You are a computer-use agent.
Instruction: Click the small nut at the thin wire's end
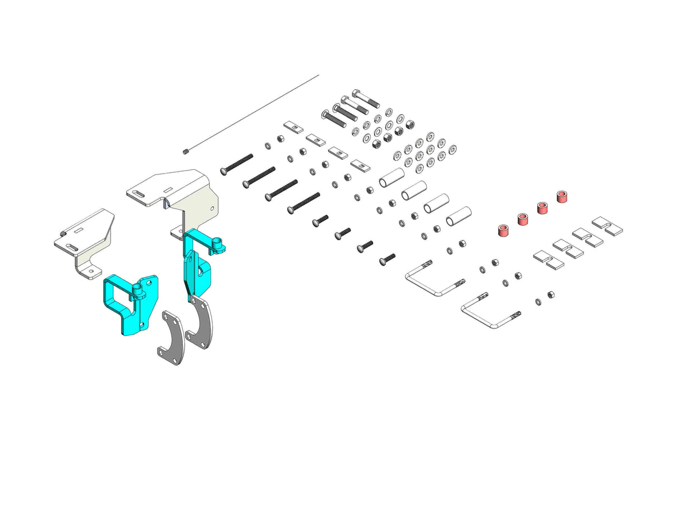[x=185, y=151]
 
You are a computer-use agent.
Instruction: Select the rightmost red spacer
[x=562, y=197]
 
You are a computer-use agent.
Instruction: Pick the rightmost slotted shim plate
[x=608, y=225]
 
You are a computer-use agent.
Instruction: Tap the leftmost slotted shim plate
[x=547, y=259]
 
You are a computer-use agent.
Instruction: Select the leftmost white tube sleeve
[x=392, y=178]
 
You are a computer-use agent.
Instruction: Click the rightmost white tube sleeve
[x=458, y=216]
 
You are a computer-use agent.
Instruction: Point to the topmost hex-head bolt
[x=366, y=99]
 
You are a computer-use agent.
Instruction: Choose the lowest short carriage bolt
[x=387, y=259]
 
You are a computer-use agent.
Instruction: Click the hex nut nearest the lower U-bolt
[x=550, y=294]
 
